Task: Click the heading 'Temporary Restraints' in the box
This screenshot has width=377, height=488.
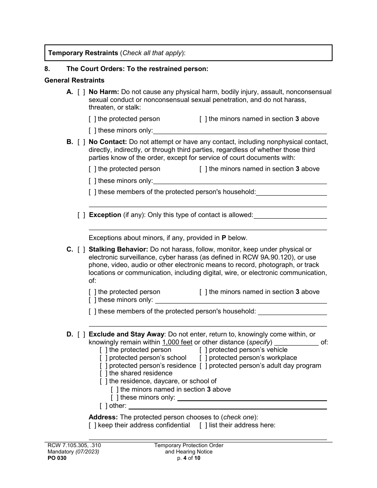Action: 83,53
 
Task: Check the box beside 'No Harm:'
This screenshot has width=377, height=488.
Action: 81,92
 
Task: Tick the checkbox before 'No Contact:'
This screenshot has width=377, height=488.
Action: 81,142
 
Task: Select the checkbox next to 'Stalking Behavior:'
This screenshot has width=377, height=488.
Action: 81,250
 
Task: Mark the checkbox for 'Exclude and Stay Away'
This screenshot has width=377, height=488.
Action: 81,334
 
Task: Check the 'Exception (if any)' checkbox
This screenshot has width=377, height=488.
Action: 81,215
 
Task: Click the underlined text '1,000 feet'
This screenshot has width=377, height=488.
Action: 177,342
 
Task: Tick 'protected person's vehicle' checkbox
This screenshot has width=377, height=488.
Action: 203,350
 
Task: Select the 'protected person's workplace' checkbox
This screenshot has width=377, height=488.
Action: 203,358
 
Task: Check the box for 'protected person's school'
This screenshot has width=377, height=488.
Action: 104,358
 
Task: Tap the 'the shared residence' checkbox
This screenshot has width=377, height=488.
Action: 104,373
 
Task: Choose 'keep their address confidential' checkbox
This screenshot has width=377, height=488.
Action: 92,425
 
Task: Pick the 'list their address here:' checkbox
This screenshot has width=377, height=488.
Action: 203,425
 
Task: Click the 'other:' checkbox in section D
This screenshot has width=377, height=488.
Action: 104,406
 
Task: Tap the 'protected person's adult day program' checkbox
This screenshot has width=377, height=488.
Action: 203,366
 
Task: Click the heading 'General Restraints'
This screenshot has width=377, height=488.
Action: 74,81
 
